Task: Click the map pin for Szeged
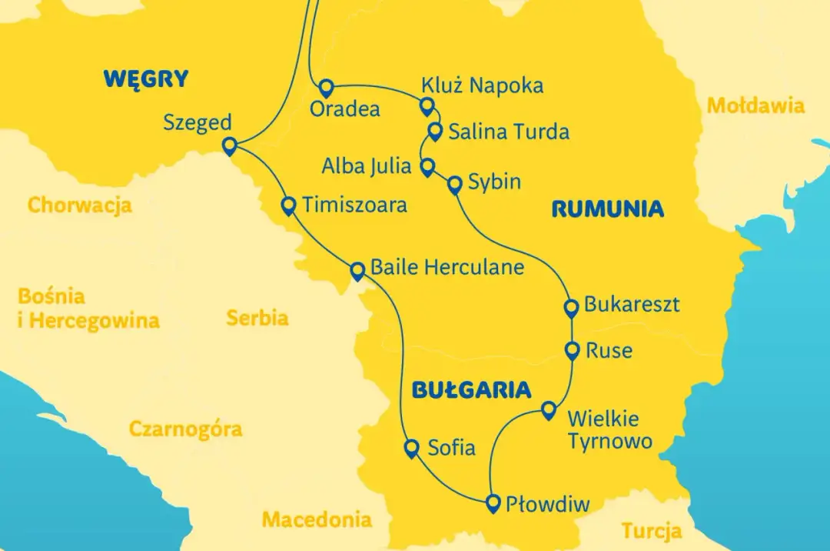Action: pyautogui.click(x=229, y=146)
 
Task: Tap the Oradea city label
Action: pyautogui.click(x=344, y=109)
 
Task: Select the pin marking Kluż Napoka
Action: pyautogui.click(x=427, y=105)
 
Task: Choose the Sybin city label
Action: pyautogui.click(x=495, y=182)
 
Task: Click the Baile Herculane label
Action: pyautogui.click(x=447, y=267)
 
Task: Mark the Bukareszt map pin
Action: pyautogui.click(x=571, y=309)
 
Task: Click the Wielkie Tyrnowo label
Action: pyautogui.click(x=609, y=430)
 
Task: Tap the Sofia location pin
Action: pyautogui.click(x=412, y=448)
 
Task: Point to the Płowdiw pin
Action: pyautogui.click(x=493, y=503)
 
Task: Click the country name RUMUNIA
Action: pyautogui.click(x=607, y=209)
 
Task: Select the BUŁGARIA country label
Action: pyautogui.click(x=471, y=389)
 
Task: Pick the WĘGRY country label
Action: pyautogui.click(x=146, y=78)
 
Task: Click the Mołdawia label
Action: pyautogui.click(x=755, y=105)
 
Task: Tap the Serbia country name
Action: pyautogui.click(x=257, y=317)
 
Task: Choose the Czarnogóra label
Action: pyautogui.click(x=185, y=429)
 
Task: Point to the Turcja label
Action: pyautogui.click(x=652, y=530)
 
